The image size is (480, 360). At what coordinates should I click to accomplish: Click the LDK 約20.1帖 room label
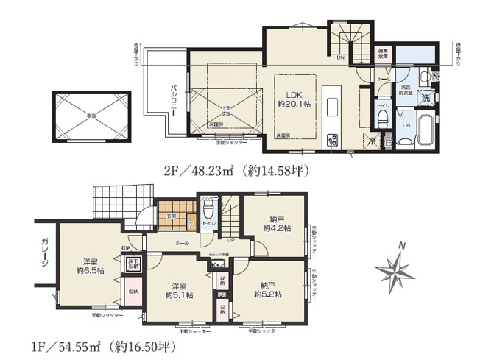293,99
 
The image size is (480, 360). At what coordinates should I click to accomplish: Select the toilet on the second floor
383,122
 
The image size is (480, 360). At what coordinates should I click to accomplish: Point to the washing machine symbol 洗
426,98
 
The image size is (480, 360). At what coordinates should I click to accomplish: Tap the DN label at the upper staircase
340,57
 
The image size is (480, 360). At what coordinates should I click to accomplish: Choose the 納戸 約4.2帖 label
278,223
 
